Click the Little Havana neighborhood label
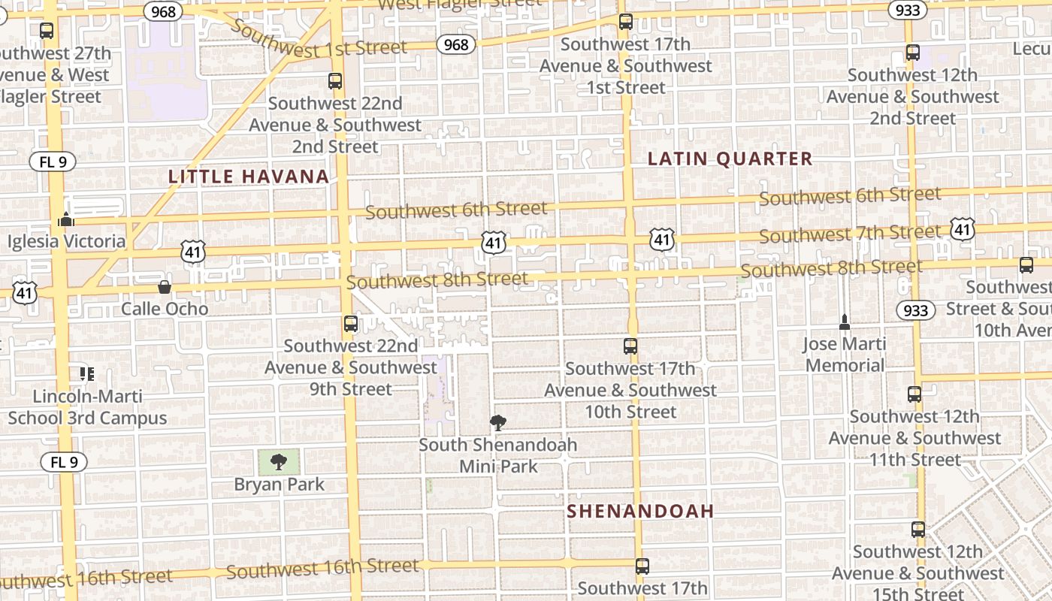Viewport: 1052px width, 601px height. coord(249,177)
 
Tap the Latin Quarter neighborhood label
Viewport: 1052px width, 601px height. coord(730,159)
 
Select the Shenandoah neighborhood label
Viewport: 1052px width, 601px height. coord(640,512)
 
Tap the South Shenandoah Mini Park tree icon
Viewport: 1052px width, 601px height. coord(497,423)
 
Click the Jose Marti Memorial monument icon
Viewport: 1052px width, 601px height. coord(845,322)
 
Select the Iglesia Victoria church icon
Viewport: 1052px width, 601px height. coord(66,219)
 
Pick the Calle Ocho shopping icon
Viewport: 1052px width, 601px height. coord(165,286)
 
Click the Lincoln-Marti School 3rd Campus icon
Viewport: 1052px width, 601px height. coord(86,373)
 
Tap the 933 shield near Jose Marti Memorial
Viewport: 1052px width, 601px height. coord(916,310)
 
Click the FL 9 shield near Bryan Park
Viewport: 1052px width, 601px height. coord(64,462)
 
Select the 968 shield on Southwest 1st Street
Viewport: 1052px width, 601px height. coord(456,44)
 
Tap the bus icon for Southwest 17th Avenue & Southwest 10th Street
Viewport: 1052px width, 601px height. coord(630,346)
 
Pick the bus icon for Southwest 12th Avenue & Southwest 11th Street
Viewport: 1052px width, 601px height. coord(914,394)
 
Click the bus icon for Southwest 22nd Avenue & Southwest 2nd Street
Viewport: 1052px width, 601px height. coord(335,81)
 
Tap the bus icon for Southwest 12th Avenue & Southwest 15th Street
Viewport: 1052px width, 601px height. coord(918,530)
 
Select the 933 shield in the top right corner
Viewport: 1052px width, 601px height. coord(907,10)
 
